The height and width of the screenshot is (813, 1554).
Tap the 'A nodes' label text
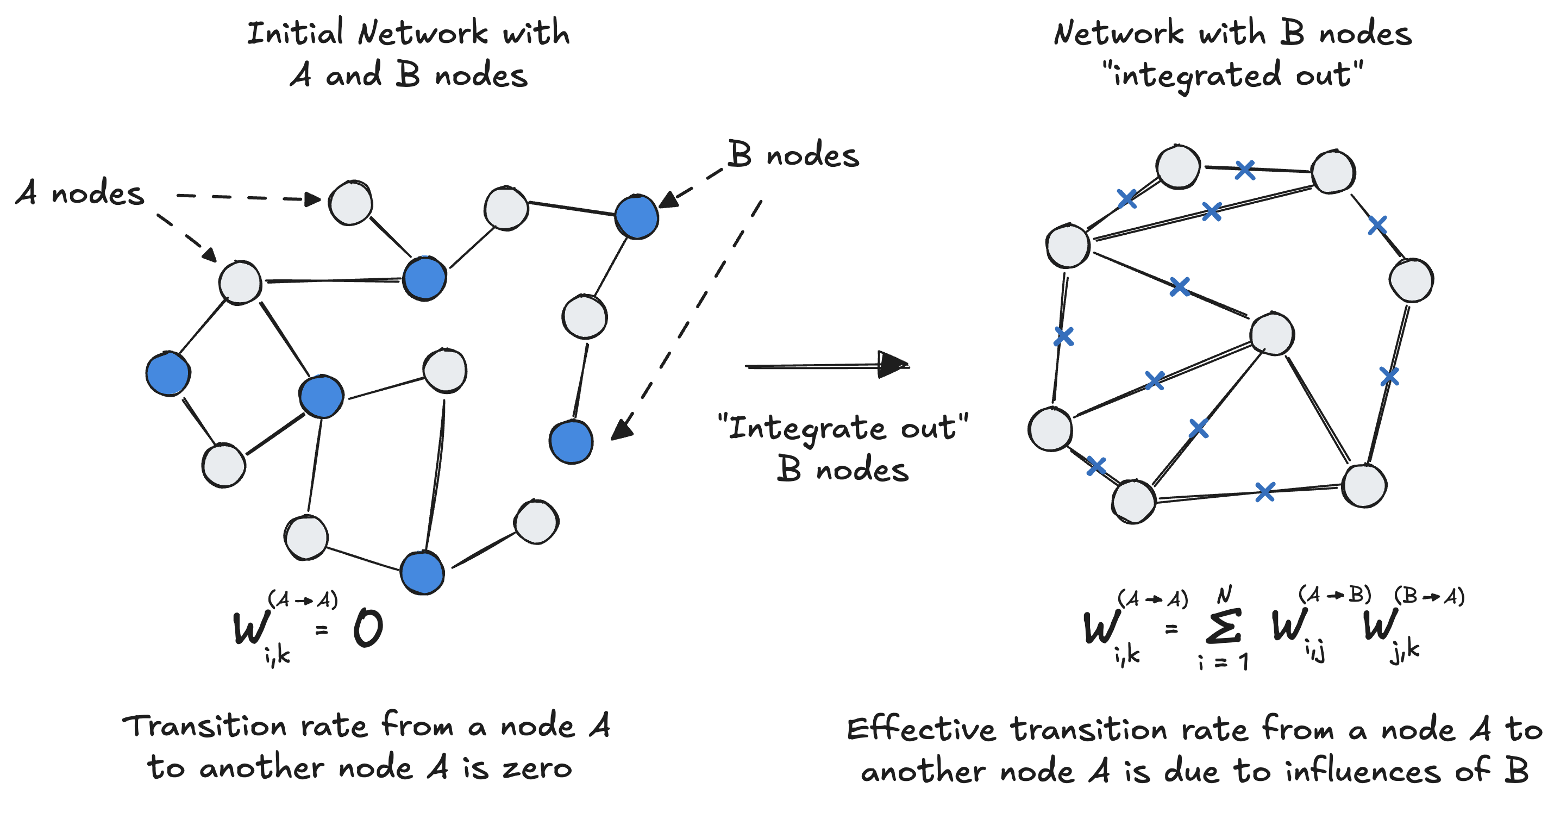80,193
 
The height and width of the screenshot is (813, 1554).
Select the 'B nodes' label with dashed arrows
793,154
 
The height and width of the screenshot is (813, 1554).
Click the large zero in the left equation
368,628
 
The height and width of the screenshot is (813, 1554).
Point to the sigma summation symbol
1223,627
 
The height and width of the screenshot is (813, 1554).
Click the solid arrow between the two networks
826,365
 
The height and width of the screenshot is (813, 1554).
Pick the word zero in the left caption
537,768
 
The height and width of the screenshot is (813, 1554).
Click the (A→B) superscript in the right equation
1334,595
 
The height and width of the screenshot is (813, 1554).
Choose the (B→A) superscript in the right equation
1429,596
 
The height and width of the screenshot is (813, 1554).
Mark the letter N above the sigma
1224,595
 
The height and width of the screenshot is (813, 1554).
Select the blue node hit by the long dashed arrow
571,442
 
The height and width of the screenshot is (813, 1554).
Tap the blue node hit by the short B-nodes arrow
636,217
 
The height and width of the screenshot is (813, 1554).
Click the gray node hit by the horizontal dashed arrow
350,203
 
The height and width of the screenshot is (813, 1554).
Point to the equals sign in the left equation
322,629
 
